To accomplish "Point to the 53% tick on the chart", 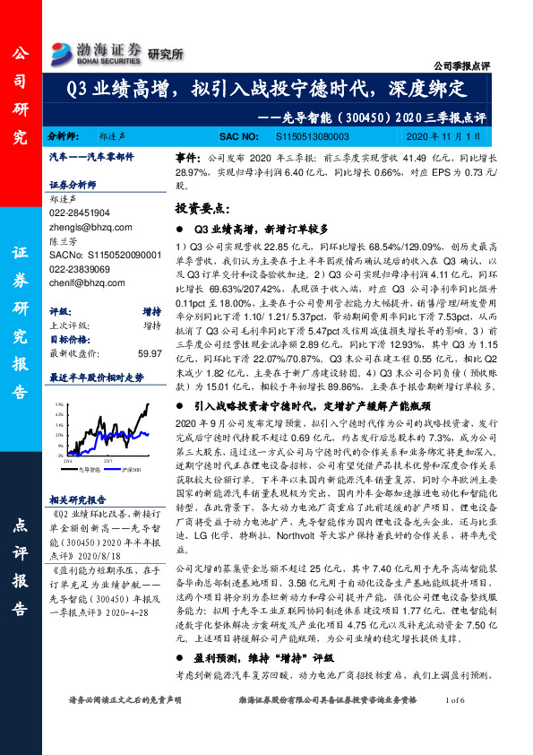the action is coord(57,404).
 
